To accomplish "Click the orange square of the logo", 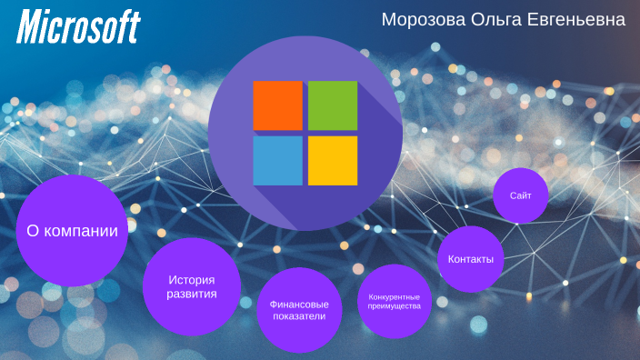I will pyautogui.click(x=277, y=105).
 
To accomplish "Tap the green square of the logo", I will pyautogui.click(x=333, y=105).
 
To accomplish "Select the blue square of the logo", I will pyautogui.click(x=277, y=161).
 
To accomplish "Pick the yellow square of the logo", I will pyautogui.click(x=333, y=161).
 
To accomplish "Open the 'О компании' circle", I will pyautogui.click(x=72, y=231).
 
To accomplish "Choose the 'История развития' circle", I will pyautogui.click(x=192, y=286).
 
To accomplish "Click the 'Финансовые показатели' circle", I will pyautogui.click(x=299, y=310).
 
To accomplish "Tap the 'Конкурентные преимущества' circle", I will pyautogui.click(x=394, y=301).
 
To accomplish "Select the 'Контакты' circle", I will pyautogui.click(x=470, y=259).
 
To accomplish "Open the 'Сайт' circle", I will pyautogui.click(x=521, y=195).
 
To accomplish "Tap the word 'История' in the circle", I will pyautogui.click(x=192, y=278).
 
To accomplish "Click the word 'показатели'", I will pyautogui.click(x=299, y=317).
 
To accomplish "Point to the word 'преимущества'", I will pyautogui.click(x=394, y=306).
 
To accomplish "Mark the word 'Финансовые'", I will pyautogui.click(x=299, y=303).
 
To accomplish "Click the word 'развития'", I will pyautogui.click(x=192, y=295).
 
